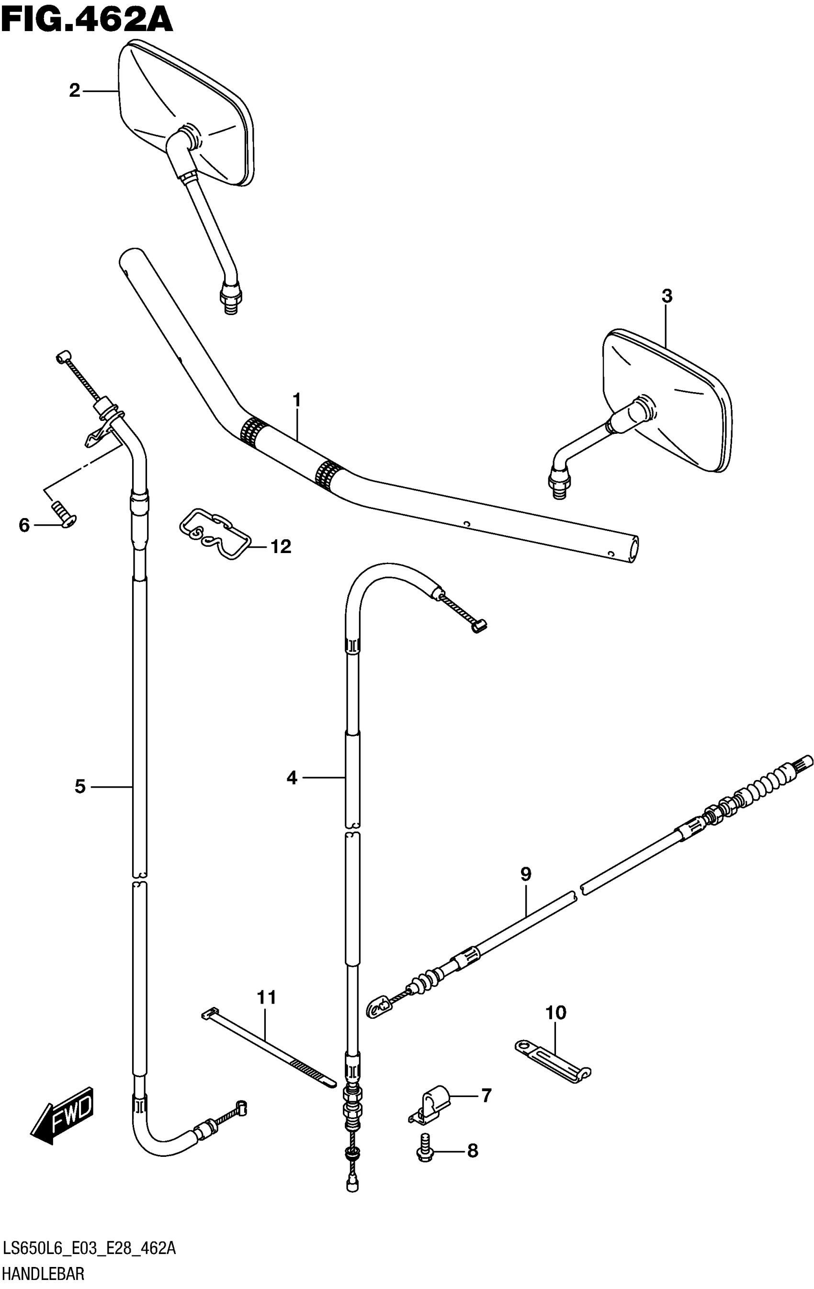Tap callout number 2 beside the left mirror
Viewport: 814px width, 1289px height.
tap(74, 91)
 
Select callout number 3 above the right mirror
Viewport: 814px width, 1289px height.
tap(667, 296)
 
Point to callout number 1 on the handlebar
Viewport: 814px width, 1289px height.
tap(296, 400)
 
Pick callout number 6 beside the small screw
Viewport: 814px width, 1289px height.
tap(24, 526)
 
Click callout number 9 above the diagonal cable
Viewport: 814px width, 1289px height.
tap(526, 875)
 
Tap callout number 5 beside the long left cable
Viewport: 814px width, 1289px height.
tap(80, 786)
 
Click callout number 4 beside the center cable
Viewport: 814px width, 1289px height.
tap(292, 777)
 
